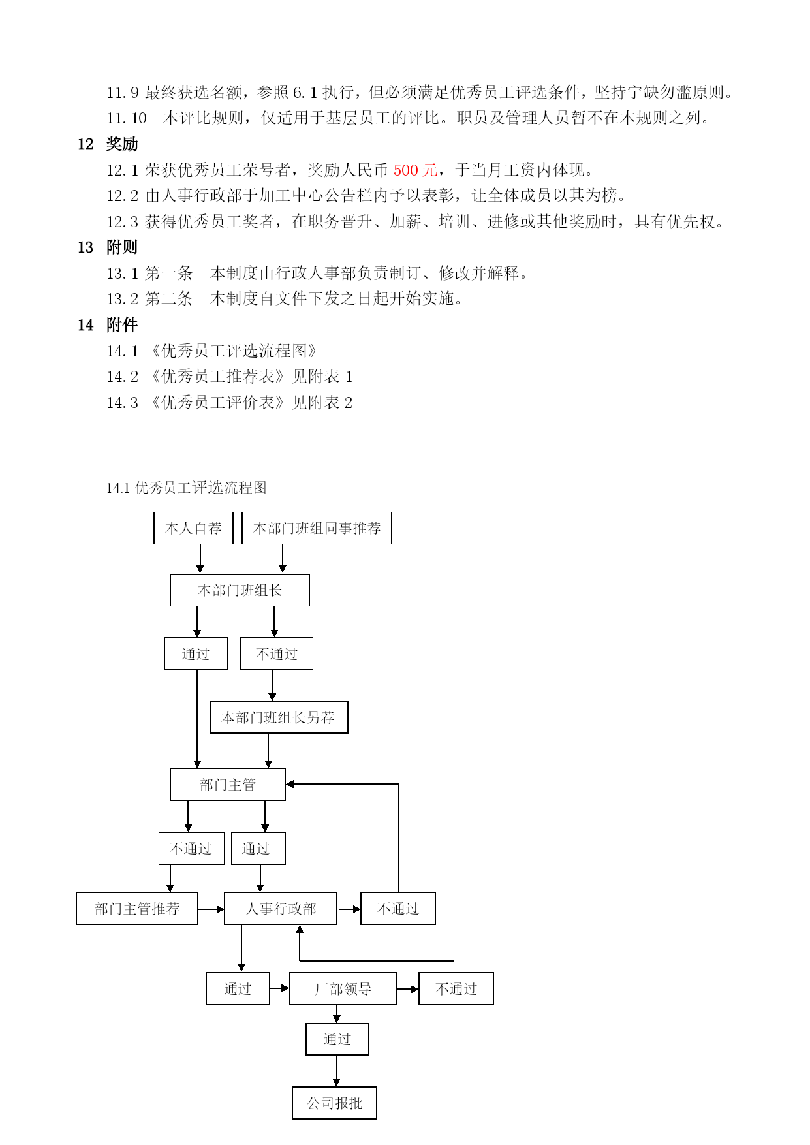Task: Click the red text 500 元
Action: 415,170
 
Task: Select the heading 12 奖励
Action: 108,144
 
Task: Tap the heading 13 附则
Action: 108,247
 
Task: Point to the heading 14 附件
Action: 108,325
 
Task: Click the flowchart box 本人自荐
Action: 193,528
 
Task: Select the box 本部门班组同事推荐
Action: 317,528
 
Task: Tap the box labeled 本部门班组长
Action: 240,590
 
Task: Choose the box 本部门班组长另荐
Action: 279,717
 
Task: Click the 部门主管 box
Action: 228,785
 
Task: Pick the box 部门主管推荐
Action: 137,909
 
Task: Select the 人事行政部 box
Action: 281,909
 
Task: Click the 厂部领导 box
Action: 343,989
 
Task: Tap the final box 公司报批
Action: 335,1103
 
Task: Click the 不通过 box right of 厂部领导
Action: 456,989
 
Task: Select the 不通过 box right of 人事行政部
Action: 398,909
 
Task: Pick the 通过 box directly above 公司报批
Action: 337,1039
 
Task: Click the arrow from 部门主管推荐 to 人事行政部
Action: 211,909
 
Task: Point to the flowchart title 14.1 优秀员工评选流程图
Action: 186,488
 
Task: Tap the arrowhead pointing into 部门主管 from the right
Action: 290,784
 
